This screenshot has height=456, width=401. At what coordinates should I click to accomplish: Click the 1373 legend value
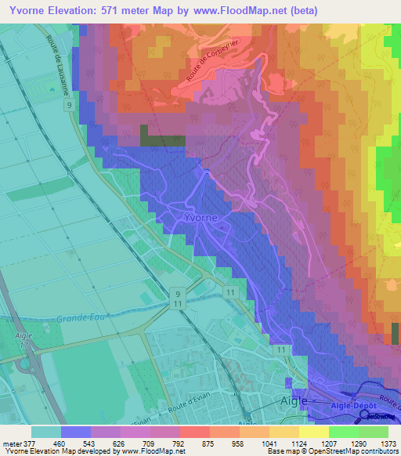click(388, 443)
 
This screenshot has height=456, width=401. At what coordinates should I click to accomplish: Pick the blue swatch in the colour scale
click(76, 431)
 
